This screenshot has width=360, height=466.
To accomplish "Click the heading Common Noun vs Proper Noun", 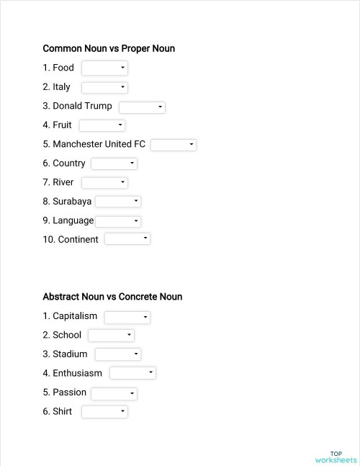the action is (x=109, y=49).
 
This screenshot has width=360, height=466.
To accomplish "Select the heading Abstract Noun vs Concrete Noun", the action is (x=112, y=297).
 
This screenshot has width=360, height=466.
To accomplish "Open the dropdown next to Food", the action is (x=104, y=68).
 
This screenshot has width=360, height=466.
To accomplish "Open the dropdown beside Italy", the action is (x=104, y=87).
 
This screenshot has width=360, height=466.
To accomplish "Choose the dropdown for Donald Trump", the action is (x=142, y=107).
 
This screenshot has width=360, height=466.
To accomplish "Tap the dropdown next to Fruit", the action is (x=102, y=125).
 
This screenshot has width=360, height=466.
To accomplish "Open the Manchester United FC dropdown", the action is (x=174, y=145).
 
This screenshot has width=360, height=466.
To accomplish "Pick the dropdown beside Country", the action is (x=114, y=163).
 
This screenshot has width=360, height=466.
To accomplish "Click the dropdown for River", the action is (x=104, y=183).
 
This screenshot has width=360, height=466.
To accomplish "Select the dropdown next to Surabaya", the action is (x=118, y=202).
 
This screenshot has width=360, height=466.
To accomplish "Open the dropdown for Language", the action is (x=118, y=221).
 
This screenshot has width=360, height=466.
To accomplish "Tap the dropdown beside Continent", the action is (x=127, y=238).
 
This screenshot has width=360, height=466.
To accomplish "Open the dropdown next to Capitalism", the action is (x=127, y=317).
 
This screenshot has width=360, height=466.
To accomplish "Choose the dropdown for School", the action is (x=111, y=336).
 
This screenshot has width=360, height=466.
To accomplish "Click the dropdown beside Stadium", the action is (x=118, y=354).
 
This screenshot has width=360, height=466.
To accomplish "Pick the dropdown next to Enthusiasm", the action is (x=133, y=373).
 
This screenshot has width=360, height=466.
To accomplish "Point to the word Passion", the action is (x=69, y=393).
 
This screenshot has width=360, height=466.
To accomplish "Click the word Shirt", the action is (x=62, y=412).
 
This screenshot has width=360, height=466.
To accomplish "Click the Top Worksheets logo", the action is (x=336, y=457).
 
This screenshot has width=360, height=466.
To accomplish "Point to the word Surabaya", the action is (x=72, y=202).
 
